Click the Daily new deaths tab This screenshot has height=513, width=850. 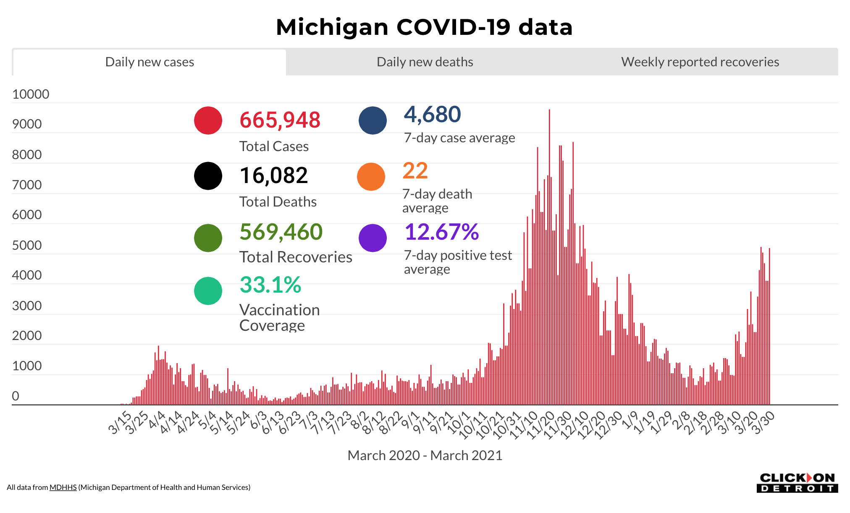coord(425,62)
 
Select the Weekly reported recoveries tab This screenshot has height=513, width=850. coord(700,62)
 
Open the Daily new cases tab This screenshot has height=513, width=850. coord(150,62)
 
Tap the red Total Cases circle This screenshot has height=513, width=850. coord(208,120)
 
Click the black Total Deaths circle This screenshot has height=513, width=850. coord(208,176)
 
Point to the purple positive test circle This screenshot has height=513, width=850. coord(373,238)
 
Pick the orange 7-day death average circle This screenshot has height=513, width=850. coord(371,177)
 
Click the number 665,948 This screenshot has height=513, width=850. coord(280,120)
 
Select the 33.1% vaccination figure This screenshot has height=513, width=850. coord(270,285)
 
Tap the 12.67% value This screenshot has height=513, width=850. coord(441,232)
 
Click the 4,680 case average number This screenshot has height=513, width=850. coord(432,115)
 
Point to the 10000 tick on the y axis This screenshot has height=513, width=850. coord(31,94)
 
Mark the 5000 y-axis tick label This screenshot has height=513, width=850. coord(27,245)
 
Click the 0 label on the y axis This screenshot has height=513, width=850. coord(16,396)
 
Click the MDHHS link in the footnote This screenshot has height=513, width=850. coord(63,487)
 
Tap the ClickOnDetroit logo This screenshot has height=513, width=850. coord(797,483)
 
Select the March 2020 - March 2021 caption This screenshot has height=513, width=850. coord(425,455)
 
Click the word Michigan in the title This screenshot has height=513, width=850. coord(332,27)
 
